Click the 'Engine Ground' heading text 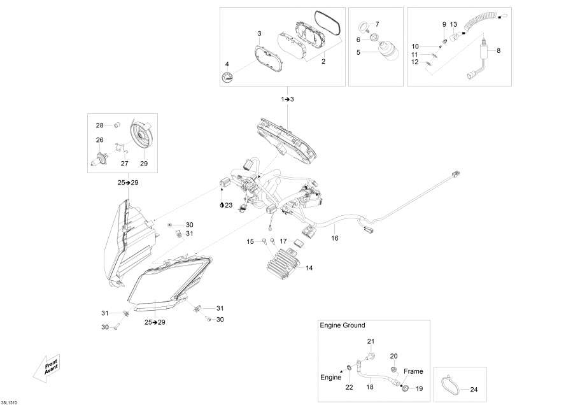click(342, 325)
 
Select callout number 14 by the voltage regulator click(309, 268)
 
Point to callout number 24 click(474, 390)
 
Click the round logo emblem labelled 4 click(228, 77)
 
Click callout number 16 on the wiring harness click(335, 238)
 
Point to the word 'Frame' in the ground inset click(413, 371)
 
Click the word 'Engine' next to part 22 click(330, 378)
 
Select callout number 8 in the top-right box click(499, 51)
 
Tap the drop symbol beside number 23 click(222, 205)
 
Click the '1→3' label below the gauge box click(287, 99)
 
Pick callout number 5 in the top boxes click(358, 52)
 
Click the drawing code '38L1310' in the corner click(9, 402)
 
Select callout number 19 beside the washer click(419, 388)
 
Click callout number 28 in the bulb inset click(100, 125)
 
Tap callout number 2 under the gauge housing click(323, 61)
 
